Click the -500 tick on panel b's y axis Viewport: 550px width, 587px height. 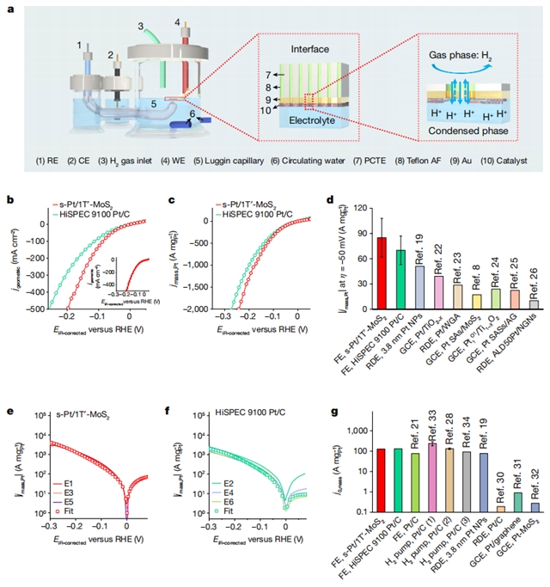(34, 309)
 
